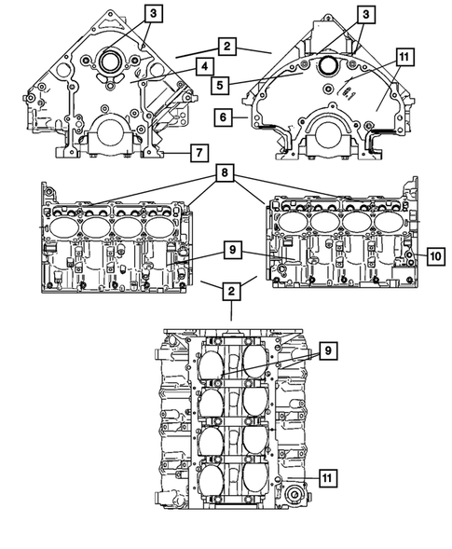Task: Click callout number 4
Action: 201,66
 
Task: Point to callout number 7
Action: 199,151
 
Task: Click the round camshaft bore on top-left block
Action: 107,63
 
